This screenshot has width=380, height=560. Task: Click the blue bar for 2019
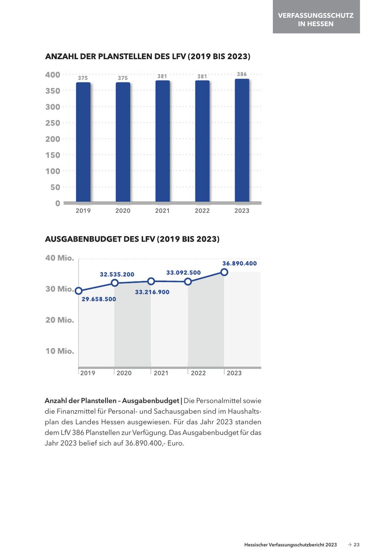click(x=83, y=142)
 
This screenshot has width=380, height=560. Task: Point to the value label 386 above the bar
click(x=242, y=74)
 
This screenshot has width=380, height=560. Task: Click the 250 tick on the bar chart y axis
click(x=53, y=123)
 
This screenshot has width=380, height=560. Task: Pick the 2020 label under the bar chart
click(x=123, y=211)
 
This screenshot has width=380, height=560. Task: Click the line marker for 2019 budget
click(x=79, y=291)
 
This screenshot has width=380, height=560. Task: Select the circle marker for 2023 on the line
click(x=224, y=272)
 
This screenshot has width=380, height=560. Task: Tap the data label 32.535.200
click(x=117, y=275)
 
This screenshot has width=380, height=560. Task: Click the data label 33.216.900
click(x=152, y=292)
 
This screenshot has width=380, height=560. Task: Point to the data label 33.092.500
click(x=184, y=273)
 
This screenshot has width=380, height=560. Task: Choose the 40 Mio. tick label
click(x=60, y=258)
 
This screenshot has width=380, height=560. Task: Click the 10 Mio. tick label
click(x=60, y=351)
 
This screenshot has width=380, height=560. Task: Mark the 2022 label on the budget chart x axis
click(x=198, y=373)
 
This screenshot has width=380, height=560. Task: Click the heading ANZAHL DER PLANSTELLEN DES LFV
click(x=147, y=57)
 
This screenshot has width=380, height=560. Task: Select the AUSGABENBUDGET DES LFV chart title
click(x=132, y=239)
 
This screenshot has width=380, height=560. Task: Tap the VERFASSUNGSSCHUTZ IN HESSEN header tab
click(x=316, y=19)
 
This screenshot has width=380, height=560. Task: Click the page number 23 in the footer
click(x=357, y=545)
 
